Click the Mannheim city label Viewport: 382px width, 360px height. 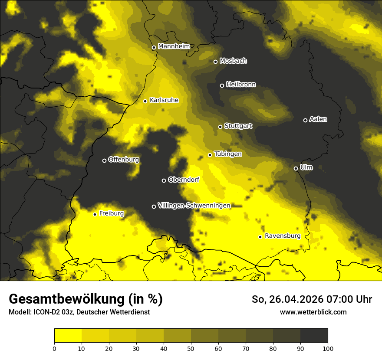pos(174,46)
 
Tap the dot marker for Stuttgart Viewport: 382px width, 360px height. pos(220,127)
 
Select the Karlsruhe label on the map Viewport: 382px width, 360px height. pos(164,100)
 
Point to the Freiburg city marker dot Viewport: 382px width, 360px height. pos(95,214)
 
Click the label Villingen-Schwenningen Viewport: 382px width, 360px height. pos(194,206)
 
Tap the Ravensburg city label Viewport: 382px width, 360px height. pos(282,236)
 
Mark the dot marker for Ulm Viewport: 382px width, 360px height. pos(296,168)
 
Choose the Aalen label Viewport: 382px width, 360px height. pos(318,119)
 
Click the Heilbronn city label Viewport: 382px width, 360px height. pos(241,85)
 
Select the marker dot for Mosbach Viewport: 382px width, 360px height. pos(215,62)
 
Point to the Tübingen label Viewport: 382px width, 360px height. pos(228,154)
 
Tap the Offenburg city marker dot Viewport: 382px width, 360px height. pos(104,160)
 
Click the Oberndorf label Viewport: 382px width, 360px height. pos(184,180)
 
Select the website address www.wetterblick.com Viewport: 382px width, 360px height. pos(313,312)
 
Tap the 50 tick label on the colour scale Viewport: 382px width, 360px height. pos(191,348)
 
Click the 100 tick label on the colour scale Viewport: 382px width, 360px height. pos(328,348)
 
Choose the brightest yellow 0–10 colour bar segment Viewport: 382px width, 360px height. pos(68,336)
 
